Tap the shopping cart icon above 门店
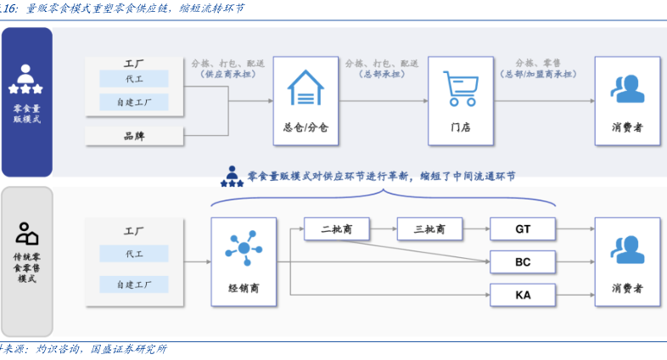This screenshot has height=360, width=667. pyautogui.click(x=460, y=88)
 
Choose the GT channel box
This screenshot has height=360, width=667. pyautogui.click(x=523, y=228)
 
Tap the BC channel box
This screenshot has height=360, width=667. pyautogui.click(x=523, y=262)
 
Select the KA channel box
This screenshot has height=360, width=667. pyautogui.click(x=523, y=295)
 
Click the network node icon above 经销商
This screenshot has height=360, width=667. pyautogui.click(x=243, y=247)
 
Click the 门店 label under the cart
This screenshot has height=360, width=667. pyautogui.click(x=460, y=127)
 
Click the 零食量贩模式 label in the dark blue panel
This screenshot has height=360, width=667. pyautogui.click(x=26, y=114)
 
